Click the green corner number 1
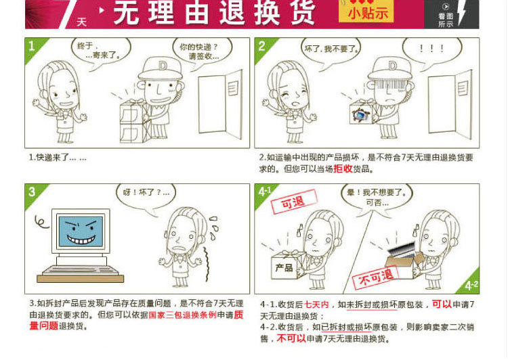(31, 46)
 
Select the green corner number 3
(32, 192)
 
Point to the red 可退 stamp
(294, 202)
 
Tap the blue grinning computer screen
(81, 231)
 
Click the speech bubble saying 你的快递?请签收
(202, 53)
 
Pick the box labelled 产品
(285, 265)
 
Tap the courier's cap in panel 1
(160, 68)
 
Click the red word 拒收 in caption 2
(343, 168)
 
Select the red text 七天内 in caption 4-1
(316, 305)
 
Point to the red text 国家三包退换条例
(182, 315)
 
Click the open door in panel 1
(220, 104)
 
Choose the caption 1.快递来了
(58, 158)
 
